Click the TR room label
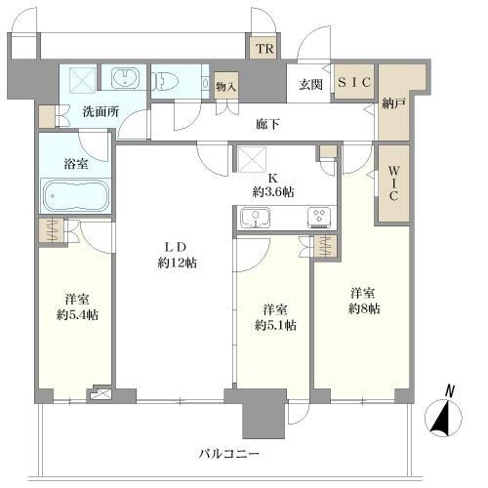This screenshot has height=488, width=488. (264, 49)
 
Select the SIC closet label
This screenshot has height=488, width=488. (355, 84)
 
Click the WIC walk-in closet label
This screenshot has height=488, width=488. (392, 183)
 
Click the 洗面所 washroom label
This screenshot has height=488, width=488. (101, 111)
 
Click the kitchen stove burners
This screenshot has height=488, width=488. (319, 218)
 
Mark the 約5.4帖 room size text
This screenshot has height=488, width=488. (76, 314)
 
